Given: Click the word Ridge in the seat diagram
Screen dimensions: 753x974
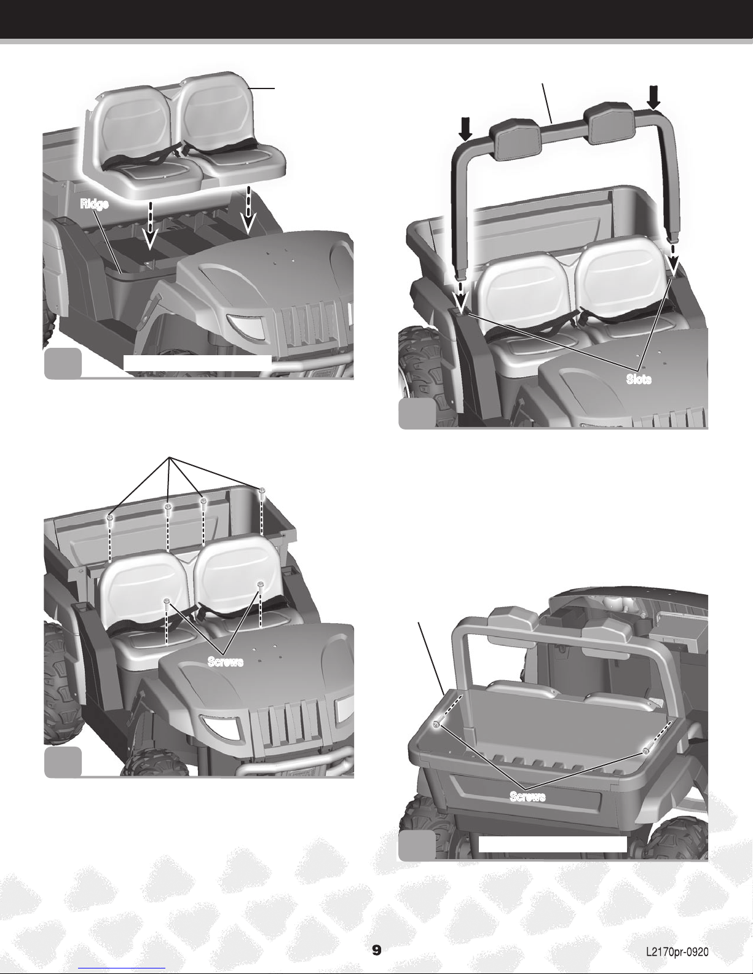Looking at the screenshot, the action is pos(95,204).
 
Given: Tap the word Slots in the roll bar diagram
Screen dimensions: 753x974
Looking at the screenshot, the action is pos(639,379).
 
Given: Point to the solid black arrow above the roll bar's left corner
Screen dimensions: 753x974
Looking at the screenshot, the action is pos(466,128).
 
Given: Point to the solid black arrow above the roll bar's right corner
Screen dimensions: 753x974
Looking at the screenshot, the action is pos(654,98).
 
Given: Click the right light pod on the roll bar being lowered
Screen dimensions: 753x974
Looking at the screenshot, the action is pos(609,127).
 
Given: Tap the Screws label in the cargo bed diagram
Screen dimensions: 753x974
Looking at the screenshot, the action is pos(527,796).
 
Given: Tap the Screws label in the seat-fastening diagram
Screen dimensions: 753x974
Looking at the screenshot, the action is pos(226,662).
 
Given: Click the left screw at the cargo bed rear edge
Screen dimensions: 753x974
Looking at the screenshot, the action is pos(436,725).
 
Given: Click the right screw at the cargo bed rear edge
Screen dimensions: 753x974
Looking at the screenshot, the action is pos(646,751).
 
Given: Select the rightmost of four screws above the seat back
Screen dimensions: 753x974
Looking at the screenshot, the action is pos(262,491).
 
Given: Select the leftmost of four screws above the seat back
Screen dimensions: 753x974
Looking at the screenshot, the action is pos(110,519).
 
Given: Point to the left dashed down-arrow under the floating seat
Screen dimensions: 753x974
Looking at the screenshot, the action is pos(150,226).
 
